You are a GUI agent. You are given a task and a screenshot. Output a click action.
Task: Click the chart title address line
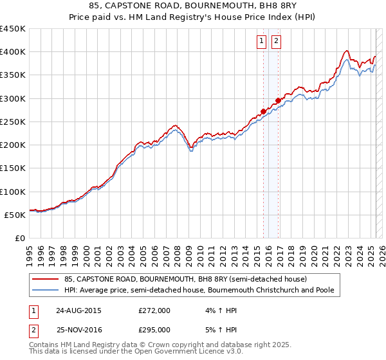point(193,6)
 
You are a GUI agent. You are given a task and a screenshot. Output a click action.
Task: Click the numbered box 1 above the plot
point(262,42)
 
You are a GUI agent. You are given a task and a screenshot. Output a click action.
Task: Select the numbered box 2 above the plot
point(276,42)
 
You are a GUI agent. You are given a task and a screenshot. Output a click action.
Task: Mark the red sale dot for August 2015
point(264,111)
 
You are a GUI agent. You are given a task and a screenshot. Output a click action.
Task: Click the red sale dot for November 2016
point(278,100)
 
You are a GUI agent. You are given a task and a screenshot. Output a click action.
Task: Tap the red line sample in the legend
point(46,279)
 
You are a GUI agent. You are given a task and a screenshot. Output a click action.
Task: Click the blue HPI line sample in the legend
point(46,290)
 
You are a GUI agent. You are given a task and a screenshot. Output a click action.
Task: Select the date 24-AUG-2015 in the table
point(78,310)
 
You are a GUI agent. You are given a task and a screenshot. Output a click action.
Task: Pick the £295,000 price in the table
point(154,329)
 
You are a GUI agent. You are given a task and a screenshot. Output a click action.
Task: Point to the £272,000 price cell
point(154,310)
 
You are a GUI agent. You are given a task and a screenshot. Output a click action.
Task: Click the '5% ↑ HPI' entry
point(220,329)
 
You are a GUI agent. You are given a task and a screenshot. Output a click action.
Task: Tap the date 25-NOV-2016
point(78,329)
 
